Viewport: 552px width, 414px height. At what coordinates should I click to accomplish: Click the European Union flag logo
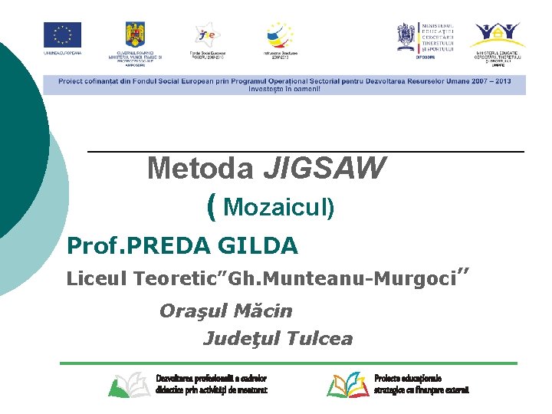[x=62, y=34]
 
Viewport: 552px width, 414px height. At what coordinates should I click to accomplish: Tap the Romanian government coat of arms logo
[x=136, y=34]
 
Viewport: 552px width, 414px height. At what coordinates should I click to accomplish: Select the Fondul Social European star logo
[x=208, y=34]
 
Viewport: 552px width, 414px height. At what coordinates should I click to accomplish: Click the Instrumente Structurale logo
[x=280, y=34]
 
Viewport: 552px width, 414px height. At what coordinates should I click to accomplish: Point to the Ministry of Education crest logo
[x=406, y=34]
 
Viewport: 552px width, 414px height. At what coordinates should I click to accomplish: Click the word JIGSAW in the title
[x=324, y=168]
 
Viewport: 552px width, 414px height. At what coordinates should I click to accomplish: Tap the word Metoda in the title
[x=201, y=168]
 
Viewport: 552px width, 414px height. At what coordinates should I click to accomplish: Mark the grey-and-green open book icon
[x=128, y=384]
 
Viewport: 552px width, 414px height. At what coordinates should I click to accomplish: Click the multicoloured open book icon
[x=347, y=384]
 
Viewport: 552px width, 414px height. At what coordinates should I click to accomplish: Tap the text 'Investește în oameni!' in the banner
[x=284, y=89]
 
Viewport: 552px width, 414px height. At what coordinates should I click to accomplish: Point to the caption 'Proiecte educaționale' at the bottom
[x=408, y=379]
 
